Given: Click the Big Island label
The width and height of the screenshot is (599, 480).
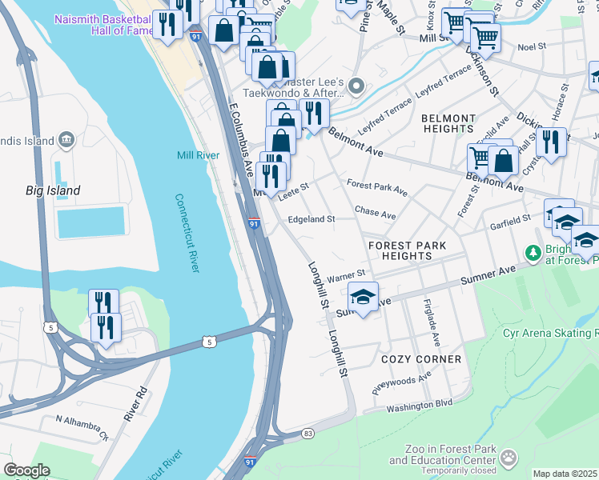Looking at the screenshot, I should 51,190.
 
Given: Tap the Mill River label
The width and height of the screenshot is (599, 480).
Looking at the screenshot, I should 198,154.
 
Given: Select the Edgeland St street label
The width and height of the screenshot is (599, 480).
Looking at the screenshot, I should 311,218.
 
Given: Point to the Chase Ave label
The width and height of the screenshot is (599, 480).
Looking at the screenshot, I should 376,214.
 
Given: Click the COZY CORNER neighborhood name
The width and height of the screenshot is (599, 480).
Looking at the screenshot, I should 421,359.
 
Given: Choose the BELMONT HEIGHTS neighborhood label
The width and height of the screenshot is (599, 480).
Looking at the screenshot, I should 448,123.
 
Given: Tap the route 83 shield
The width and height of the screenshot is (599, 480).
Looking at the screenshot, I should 308,433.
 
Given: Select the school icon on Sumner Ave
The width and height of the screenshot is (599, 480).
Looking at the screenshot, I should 363,297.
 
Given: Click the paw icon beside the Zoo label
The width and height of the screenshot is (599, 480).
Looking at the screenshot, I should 509,458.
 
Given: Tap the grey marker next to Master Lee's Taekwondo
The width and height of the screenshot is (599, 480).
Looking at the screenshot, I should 358,85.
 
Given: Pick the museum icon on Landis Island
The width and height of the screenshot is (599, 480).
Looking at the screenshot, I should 67,141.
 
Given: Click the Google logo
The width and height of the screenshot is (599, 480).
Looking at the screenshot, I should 26,470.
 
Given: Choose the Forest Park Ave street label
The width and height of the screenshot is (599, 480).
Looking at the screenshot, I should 377,188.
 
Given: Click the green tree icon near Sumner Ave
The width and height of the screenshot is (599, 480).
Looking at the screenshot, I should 533,252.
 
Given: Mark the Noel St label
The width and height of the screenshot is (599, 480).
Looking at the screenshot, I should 531,47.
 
